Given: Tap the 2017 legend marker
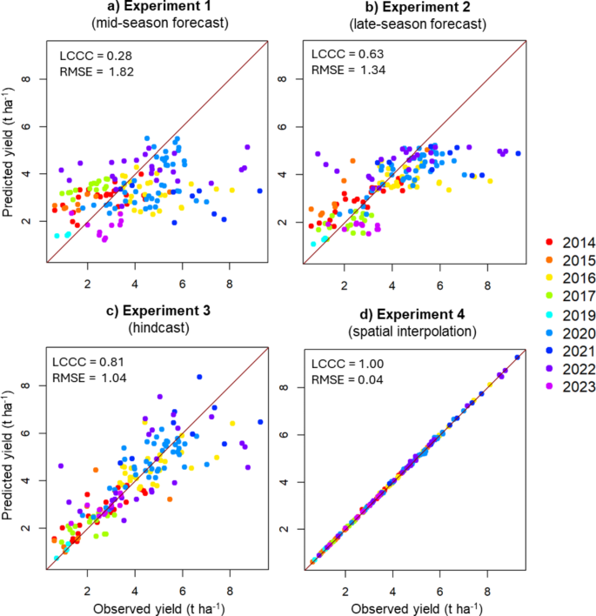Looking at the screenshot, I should tap(539, 296).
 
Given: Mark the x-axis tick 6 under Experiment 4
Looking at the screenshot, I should tap(440, 585).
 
